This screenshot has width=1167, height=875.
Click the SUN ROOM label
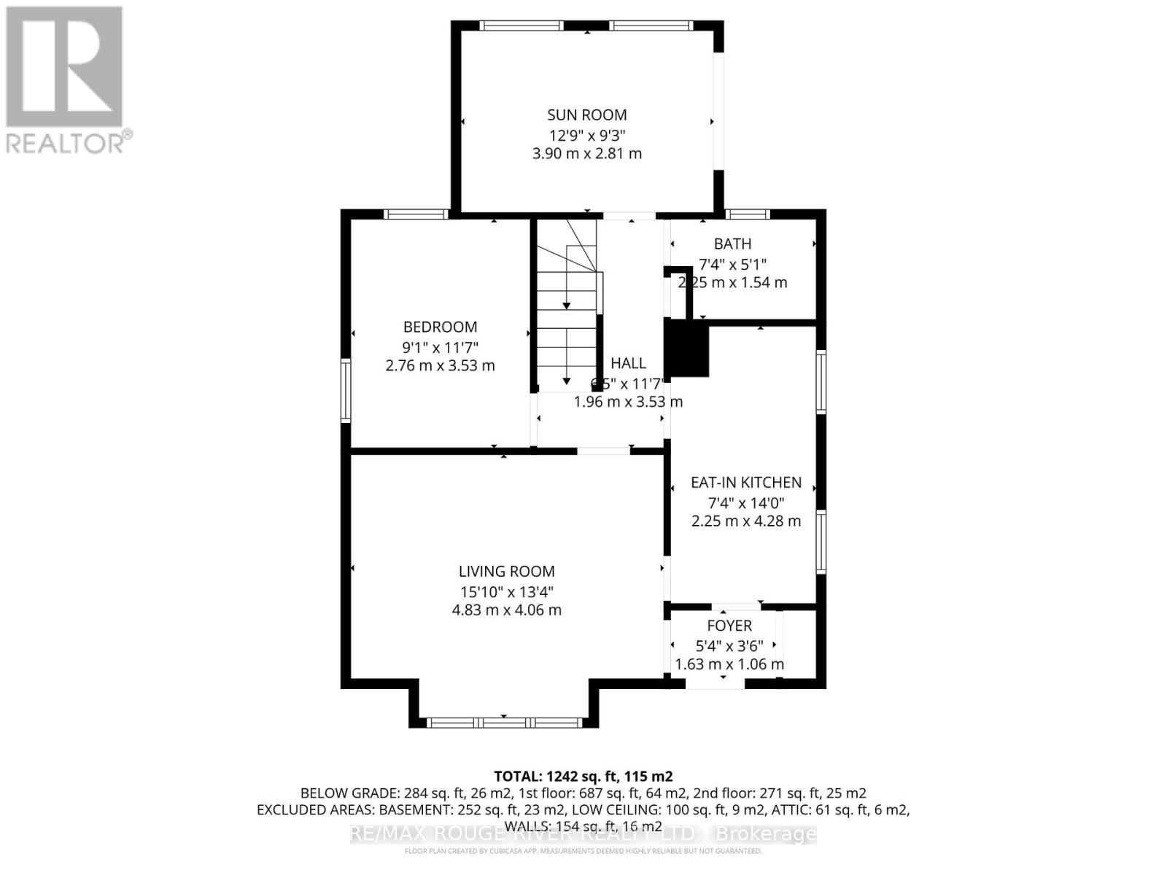coord(586,114)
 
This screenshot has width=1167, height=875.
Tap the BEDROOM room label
coord(440,327)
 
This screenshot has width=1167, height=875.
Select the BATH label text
coord(732,244)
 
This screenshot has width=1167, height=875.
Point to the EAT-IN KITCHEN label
coord(745,482)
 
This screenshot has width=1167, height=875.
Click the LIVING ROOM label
coord(506,571)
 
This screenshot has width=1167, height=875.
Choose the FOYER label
coord(729,626)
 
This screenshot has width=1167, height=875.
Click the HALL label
coord(628,362)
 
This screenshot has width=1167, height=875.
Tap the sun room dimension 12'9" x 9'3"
coord(586,135)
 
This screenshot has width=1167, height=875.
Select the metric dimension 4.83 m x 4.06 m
coord(506,610)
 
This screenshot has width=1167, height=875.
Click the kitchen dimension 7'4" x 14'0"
coord(745,502)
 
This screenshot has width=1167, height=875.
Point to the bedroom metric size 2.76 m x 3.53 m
coord(440,365)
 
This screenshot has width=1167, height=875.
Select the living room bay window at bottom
coord(504,723)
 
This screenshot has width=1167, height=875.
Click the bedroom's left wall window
coord(346,389)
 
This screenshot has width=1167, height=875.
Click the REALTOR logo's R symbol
coord(64,67)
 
